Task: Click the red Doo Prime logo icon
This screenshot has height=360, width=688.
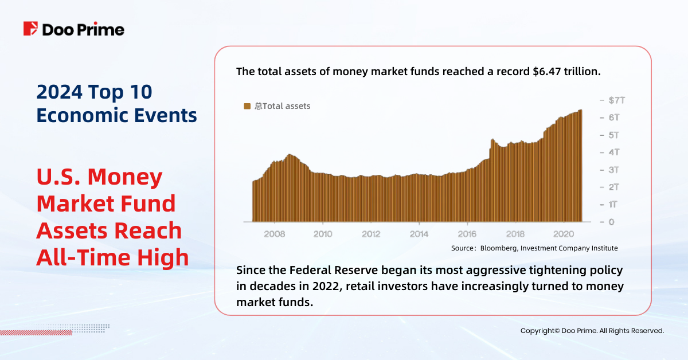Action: (x=30, y=29)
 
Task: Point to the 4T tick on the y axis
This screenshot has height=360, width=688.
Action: (x=613, y=152)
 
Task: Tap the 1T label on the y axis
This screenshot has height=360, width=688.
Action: (x=613, y=205)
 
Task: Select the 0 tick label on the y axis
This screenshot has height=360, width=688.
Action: (x=611, y=222)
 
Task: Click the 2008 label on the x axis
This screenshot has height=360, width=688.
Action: (x=275, y=234)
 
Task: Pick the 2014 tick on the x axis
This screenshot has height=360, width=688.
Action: (x=419, y=234)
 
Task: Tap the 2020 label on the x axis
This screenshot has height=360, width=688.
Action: (x=564, y=234)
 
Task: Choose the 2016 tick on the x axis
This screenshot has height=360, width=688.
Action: (x=467, y=234)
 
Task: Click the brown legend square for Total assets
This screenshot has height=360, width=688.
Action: (x=247, y=106)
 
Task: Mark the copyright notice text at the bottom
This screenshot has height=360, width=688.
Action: (x=592, y=331)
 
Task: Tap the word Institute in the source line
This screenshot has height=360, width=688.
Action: (x=603, y=248)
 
